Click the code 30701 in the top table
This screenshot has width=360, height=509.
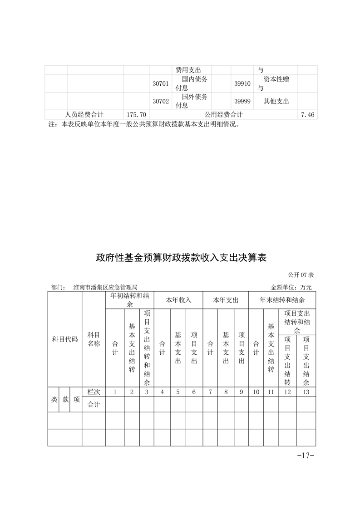pos(161,84)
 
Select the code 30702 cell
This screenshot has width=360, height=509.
pos(161,102)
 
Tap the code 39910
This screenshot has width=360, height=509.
pos(242,84)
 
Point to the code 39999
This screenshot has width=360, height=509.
pos(242,102)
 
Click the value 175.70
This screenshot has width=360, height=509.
pos(136,115)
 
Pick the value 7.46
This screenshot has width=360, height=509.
pos(307,115)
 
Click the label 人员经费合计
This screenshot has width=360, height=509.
pos(84,115)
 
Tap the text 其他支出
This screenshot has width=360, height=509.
pos(276,102)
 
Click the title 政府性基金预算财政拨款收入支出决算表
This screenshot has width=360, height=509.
pos(181,258)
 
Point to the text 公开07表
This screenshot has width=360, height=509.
pos(301,275)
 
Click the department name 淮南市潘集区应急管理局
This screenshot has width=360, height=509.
pos(105,287)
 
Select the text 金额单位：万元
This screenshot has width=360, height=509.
pos(291,287)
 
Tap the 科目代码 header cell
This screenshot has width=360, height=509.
pos(65,339)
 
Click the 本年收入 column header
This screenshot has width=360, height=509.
pos(178,300)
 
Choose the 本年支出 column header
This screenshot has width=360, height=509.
pos(226,300)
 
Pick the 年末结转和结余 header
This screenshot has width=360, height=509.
pos(282,300)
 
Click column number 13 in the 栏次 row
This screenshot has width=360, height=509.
pos(306,392)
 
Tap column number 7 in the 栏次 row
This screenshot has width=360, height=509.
pos(210,392)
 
